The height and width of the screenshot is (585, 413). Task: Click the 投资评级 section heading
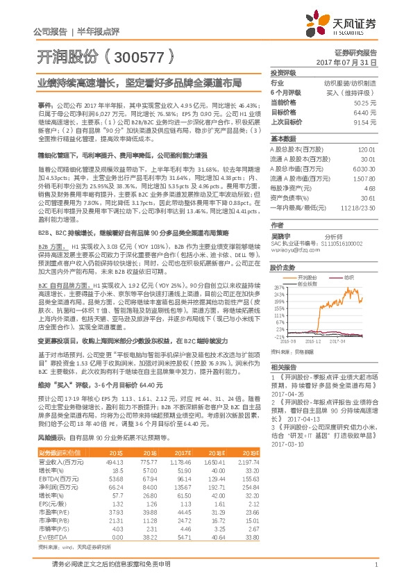pos(283,72)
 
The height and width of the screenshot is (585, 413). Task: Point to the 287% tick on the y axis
pos(279,288)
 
